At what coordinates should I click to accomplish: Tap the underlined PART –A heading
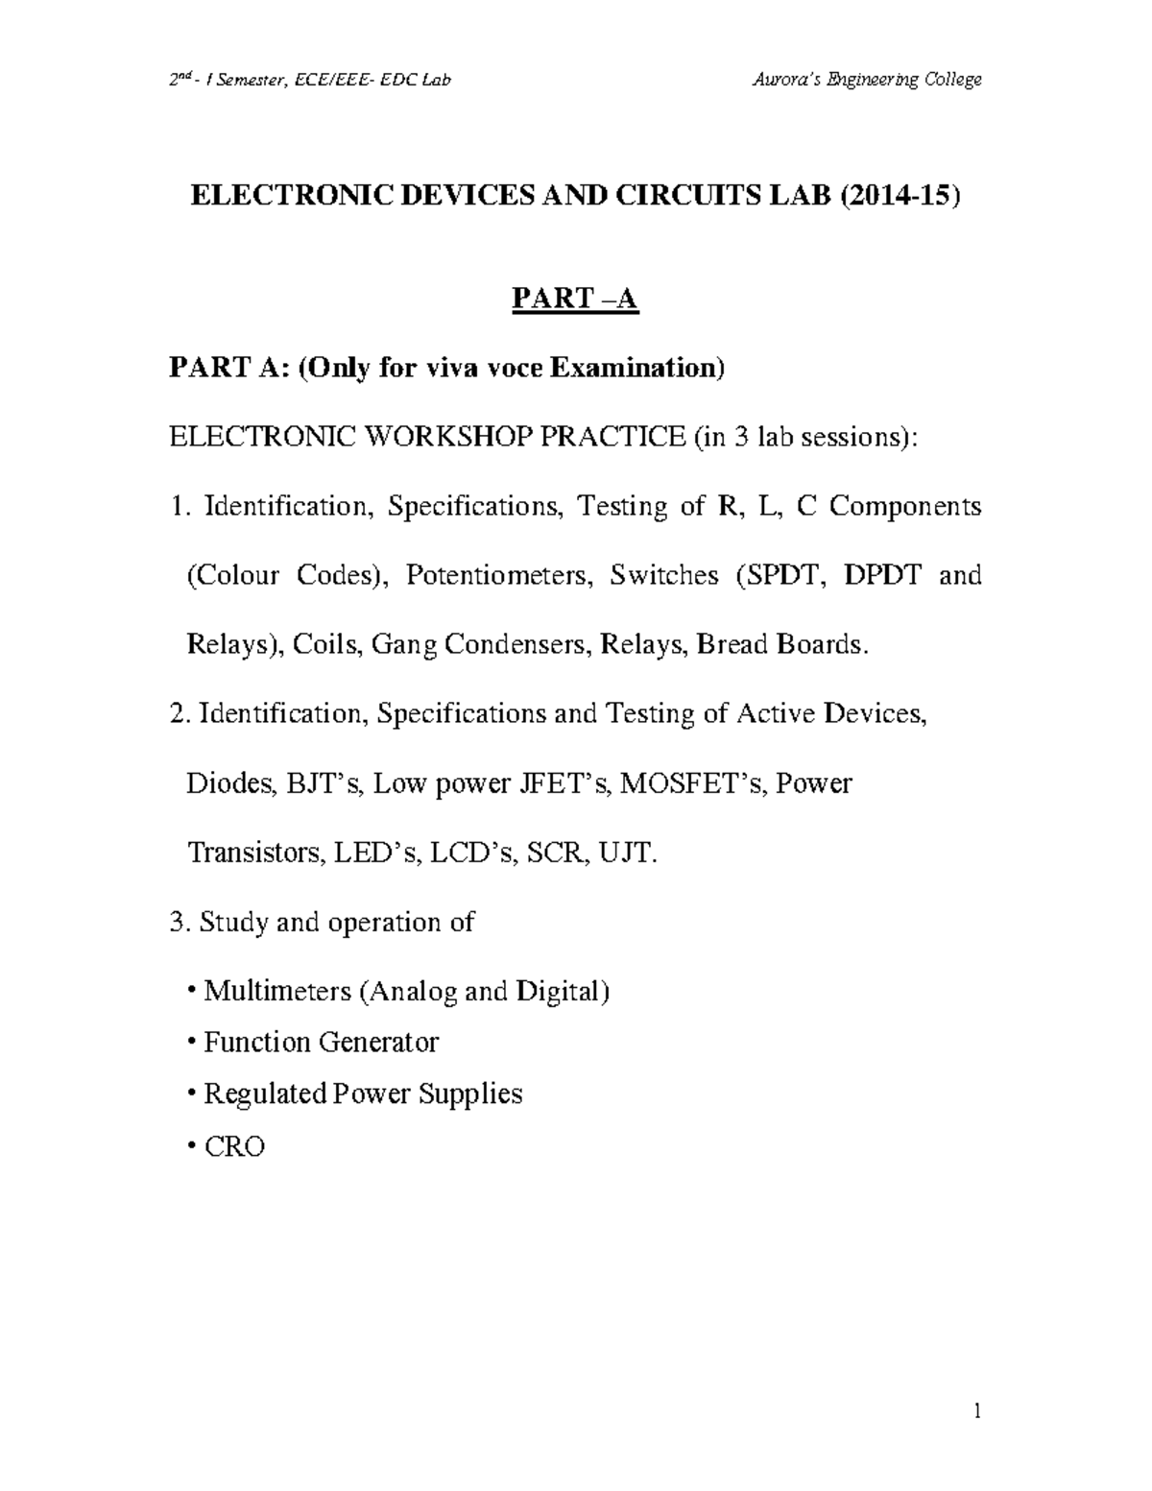[575, 301]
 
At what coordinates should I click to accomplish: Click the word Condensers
[514, 644]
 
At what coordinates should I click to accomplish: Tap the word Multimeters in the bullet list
[277, 991]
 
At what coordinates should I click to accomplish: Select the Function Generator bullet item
[321, 1043]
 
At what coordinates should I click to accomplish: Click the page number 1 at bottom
[976, 1411]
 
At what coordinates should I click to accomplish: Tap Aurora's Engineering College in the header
[867, 80]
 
